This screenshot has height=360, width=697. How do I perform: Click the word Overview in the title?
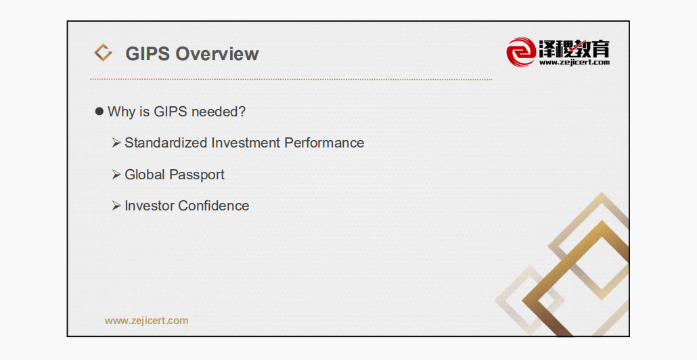tap(217, 53)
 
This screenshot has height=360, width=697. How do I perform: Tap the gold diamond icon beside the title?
tap(103, 53)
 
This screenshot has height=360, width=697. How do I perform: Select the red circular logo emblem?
tap(521, 52)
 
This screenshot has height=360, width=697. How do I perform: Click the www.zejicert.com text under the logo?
tap(575, 62)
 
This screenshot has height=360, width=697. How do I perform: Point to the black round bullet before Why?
tap(99, 111)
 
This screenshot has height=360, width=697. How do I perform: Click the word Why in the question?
tap(122, 112)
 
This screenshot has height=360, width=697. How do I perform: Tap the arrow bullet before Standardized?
tap(116, 143)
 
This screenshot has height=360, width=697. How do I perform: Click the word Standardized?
tap(166, 143)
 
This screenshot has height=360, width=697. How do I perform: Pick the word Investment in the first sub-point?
tap(246, 143)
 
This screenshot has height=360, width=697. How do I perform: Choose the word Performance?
tap(325, 143)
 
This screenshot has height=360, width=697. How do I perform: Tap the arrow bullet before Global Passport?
tap(116, 174)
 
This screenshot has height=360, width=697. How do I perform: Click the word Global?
tap(144, 174)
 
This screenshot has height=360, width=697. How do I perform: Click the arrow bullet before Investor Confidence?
tap(116, 205)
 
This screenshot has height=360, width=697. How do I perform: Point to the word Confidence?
tap(214, 205)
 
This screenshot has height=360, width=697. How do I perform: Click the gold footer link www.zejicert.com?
tap(147, 321)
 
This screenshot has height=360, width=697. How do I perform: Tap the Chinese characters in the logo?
tap(575, 48)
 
